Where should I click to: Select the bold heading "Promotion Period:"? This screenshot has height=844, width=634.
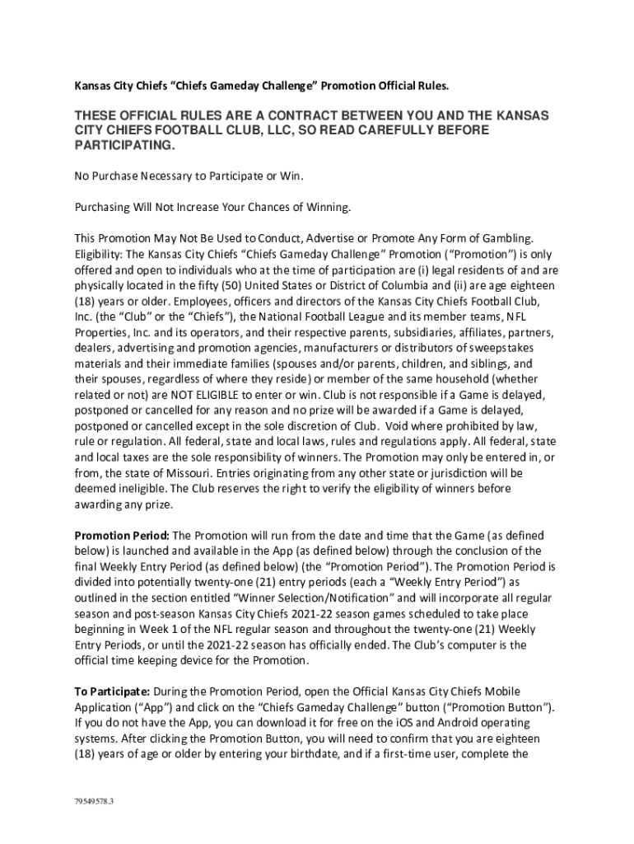click(x=122, y=535)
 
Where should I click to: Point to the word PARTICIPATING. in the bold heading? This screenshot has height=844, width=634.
click(x=124, y=145)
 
